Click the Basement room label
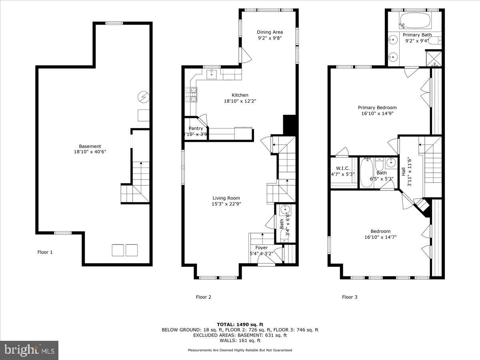pyautogui.click(x=90, y=146)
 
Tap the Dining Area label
pyautogui.click(x=270, y=32)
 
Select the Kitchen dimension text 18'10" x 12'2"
pyautogui.click(x=240, y=101)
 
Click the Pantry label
pyautogui.click(x=196, y=128)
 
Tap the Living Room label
pyautogui.click(x=226, y=198)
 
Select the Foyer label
pyautogui.click(x=262, y=248)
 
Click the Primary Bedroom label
pyautogui.click(x=377, y=108)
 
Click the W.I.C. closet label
pyautogui.click(x=343, y=168)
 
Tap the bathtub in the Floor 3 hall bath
pyautogui.click(x=366, y=173)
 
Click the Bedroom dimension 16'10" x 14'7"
pyautogui.click(x=380, y=237)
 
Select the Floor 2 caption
pyautogui.click(x=203, y=297)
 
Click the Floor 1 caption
pyautogui.click(x=45, y=252)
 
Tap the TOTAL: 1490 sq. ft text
pyautogui.click(x=240, y=324)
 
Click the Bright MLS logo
pyautogui.click(x=29, y=350)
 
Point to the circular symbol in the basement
pyautogui.click(x=143, y=96)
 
